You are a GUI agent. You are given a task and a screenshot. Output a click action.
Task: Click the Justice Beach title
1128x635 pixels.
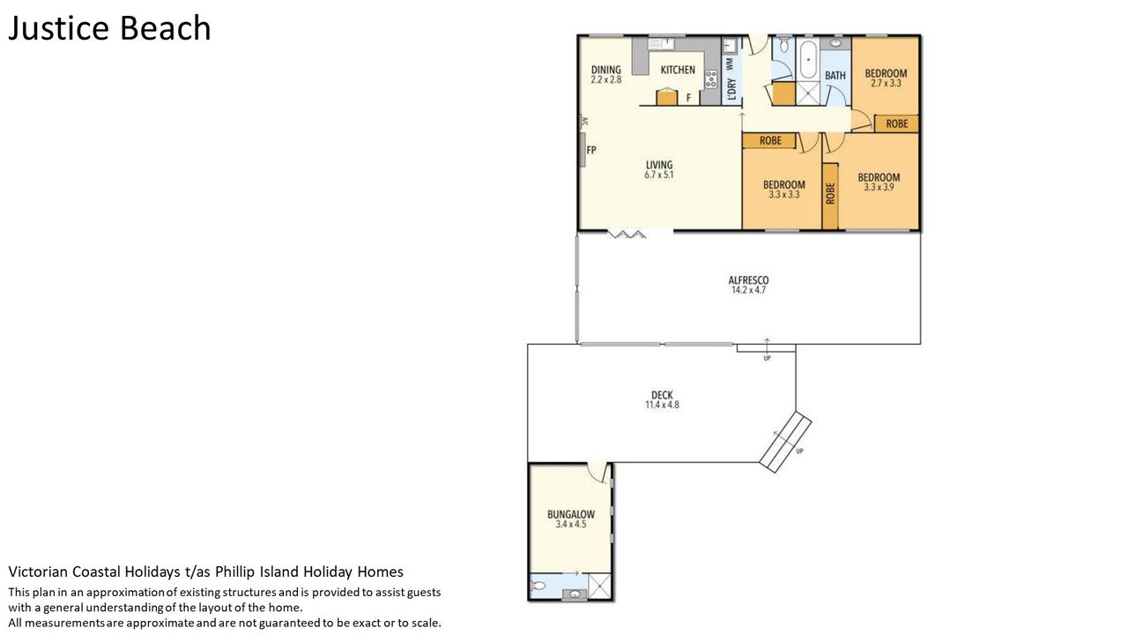109,28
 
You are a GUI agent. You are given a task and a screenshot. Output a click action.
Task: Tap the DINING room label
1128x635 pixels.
605,70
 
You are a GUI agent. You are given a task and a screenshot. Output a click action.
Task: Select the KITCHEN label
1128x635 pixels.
678,70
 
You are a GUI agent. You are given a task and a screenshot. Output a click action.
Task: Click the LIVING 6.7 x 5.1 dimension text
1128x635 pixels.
658,175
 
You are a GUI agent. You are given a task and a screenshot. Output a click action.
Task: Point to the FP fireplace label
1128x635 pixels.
591,150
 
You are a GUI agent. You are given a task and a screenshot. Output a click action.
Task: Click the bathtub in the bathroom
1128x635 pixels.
808,59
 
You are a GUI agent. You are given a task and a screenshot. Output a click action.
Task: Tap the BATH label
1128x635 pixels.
835,75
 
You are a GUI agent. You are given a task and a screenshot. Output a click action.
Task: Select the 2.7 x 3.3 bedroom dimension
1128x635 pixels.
886,84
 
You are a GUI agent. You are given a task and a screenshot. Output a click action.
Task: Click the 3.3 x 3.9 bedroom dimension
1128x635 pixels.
879,187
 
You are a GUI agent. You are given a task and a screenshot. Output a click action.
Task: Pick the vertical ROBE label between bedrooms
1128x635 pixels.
830,193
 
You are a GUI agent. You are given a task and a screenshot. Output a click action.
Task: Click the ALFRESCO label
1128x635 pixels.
748,280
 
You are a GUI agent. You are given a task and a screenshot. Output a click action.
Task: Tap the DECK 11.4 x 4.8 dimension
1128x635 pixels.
662,405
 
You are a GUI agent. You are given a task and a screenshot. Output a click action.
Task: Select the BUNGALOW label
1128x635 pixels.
571,514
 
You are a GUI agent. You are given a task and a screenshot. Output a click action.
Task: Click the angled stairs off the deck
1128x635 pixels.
785,442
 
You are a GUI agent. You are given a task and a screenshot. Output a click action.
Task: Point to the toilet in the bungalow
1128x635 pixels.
538,586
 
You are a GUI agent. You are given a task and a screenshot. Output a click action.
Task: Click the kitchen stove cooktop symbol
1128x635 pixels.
711,79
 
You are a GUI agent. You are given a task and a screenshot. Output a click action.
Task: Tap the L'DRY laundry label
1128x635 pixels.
731,89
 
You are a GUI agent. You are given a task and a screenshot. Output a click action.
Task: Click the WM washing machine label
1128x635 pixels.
731,63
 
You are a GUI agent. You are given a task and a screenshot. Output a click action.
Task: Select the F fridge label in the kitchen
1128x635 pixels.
688,98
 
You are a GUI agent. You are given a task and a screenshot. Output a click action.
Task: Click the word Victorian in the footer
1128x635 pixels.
38,571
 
